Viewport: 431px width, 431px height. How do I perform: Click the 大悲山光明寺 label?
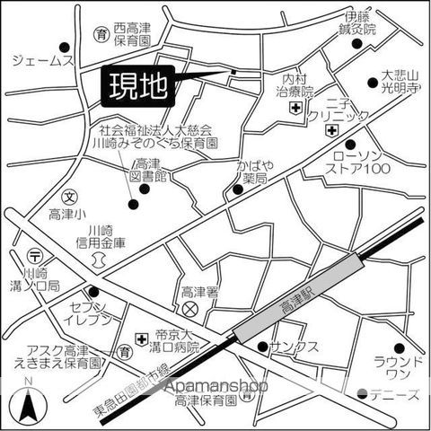pyautogui.click(x=400, y=83)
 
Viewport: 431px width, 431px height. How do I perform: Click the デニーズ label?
pyautogui.click(x=396, y=394)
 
